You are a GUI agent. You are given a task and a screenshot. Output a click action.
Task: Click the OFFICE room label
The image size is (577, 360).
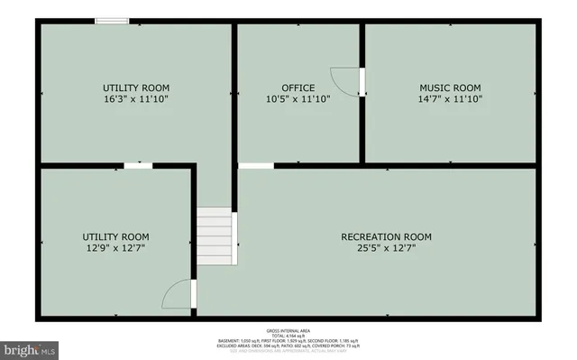point(298,88)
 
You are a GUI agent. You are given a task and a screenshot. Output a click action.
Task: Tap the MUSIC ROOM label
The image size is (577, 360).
point(450,88)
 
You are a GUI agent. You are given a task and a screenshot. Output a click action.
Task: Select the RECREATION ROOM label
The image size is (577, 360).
point(386,237)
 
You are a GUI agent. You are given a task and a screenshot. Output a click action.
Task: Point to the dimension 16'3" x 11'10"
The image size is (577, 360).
point(135,99)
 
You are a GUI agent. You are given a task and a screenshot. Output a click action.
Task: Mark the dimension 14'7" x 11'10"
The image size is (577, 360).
point(450,99)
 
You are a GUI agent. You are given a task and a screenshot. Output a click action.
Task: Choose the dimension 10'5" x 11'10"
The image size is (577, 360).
point(298,99)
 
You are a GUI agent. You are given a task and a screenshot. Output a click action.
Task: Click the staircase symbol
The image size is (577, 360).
point(216,235)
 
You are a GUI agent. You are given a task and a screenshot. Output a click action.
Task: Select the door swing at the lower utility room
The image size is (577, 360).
point(180,296)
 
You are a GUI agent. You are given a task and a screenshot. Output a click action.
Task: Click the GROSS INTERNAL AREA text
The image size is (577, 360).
point(288,329)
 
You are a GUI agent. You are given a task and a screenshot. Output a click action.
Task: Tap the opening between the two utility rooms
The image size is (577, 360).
point(137,165)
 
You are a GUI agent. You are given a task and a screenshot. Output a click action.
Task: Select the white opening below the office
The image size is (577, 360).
point(256,165)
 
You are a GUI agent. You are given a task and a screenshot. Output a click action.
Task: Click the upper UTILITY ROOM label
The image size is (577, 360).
point(135,88)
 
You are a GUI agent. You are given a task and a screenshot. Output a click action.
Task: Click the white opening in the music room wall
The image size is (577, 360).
point(362,81)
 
